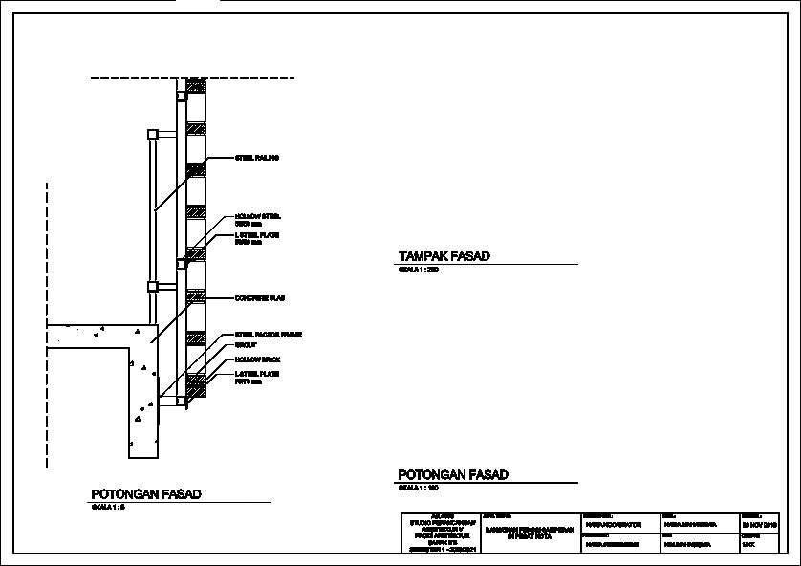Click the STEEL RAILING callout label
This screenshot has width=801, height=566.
pos(256,157)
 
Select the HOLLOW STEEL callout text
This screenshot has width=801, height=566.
pos(257,217)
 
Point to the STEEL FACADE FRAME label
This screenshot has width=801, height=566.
pos(268,335)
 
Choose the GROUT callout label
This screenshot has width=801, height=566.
pos(246,345)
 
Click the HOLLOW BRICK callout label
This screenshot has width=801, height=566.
pos(257,359)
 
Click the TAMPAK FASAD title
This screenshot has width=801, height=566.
pos(444,256)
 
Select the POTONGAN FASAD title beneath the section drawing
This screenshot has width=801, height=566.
pos(146,494)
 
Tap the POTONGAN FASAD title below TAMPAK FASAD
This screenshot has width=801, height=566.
pos(453,474)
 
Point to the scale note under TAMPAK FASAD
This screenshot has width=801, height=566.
pos(418,271)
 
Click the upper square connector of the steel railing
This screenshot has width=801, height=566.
pos(151,134)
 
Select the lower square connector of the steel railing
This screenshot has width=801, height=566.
pos(151,286)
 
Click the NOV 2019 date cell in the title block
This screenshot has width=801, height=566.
pos(760,526)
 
